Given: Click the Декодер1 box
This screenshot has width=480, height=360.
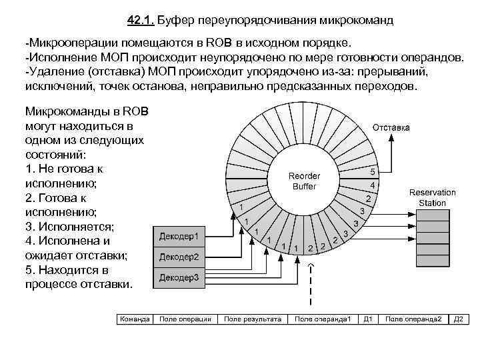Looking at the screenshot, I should [x=179, y=236].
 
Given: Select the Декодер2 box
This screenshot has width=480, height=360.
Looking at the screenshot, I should [x=179, y=257].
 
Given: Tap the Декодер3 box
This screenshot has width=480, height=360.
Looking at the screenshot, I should [x=179, y=277].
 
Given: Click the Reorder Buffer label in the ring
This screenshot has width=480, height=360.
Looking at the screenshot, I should [x=305, y=181].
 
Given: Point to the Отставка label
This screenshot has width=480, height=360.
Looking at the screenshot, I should [x=391, y=127].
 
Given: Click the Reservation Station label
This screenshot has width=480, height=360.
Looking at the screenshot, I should [x=433, y=197].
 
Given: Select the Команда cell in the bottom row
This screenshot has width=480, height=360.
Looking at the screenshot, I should [x=135, y=319].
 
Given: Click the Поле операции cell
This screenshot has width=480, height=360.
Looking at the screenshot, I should [x=185, y=319].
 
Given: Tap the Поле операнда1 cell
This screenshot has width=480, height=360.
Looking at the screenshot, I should [x=323, y=319].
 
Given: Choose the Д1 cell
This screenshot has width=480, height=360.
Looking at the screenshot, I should [x=368, y=319].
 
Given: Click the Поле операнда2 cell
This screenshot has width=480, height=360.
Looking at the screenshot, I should [x=413, y=319].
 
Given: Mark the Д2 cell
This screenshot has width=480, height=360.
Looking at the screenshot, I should [x=459, y=319].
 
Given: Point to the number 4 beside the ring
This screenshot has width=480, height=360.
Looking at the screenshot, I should [x=373, y=184].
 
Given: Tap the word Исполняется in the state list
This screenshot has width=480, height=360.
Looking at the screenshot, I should [x=74, y=227].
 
